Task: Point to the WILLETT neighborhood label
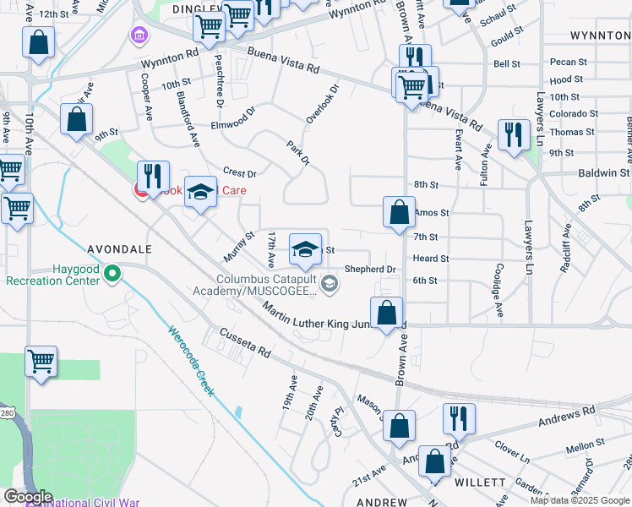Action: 479,482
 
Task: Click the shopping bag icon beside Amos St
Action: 399,212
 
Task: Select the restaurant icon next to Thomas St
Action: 513,134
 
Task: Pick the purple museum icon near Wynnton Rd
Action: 136,35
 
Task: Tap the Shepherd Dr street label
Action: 370,270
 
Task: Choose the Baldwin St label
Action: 602,172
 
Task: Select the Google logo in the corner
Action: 29,497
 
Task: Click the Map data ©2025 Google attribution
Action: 580,500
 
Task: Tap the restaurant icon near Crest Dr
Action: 153,177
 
